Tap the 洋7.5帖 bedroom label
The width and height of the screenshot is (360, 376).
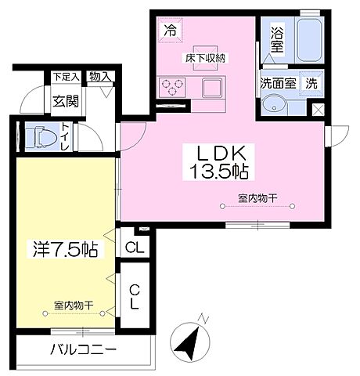click(65, 251)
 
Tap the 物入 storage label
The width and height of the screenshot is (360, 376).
click(99, 77)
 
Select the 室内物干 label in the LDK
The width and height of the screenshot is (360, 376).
click(259, 197)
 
